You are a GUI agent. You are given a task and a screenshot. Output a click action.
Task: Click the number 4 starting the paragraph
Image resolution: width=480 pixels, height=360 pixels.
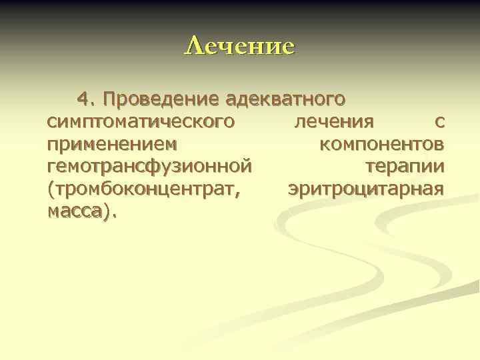(83, 100)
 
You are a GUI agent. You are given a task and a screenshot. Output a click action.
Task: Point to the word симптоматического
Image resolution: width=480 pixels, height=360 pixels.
(141, 122)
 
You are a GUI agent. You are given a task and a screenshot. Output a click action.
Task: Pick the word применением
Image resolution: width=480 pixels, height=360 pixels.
(113, 144)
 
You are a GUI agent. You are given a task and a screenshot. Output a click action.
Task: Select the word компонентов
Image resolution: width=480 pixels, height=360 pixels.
(382, 144)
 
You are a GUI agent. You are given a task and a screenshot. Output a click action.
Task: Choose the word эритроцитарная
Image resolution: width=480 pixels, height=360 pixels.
(366, 188)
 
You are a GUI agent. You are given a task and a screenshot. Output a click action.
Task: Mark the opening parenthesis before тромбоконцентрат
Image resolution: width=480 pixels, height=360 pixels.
(51, 188)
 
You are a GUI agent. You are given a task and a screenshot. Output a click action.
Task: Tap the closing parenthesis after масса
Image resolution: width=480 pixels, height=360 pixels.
(109, 211)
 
